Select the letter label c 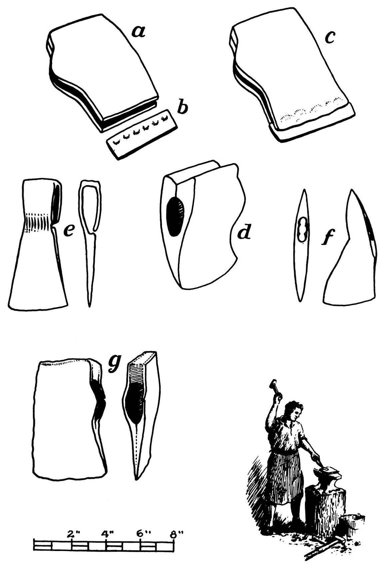click(329, 37)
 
